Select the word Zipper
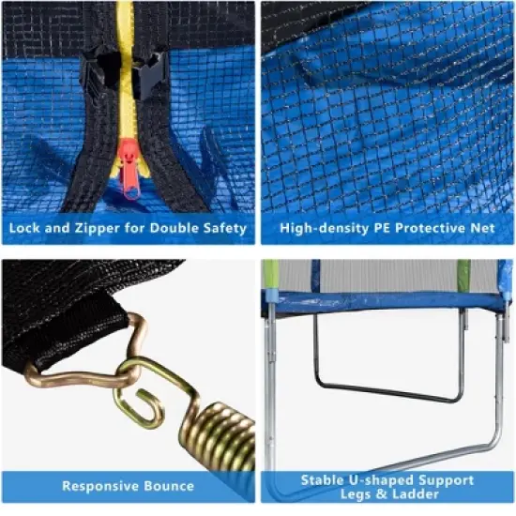coord(94,228)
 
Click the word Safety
coord(226,228)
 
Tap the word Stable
coord(324,479)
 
